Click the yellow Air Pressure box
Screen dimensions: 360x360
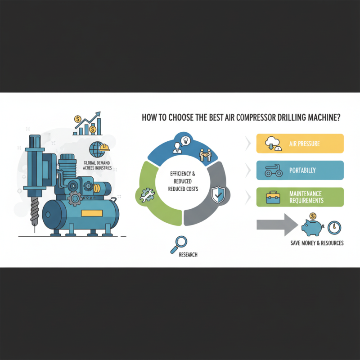tap(300, 144)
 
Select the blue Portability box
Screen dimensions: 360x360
tap(300, 170)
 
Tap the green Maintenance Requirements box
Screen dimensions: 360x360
tap(300, 197)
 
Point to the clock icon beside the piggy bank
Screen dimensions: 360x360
tap(334, 228)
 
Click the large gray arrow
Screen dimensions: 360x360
tap(277, 225)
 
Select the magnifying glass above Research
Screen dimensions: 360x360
tap(179, 245)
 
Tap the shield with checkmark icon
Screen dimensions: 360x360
tap(218, 195)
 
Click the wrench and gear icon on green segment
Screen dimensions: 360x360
tap(147, 195)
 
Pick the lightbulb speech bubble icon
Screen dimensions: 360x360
tap(186, 140)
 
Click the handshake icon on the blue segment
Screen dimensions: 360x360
tap(205, 155)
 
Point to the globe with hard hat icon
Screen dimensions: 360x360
tap(99, 149)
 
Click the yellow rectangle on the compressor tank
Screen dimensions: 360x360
tap(92, 213)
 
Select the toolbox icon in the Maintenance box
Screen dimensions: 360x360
tap(273, 198)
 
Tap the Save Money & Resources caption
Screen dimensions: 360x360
tap(317, 243)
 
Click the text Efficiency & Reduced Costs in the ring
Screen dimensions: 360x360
tap(183, 181)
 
